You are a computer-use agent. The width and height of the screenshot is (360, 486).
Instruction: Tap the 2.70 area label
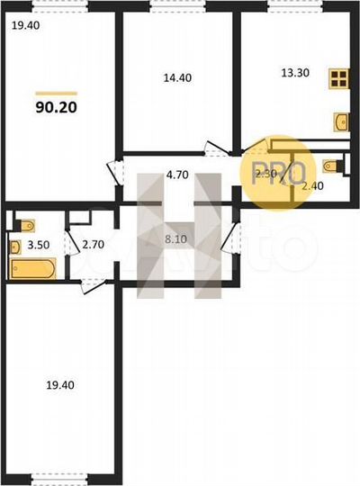coord(94,244)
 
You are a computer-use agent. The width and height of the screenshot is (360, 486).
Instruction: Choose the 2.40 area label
coord(311,186)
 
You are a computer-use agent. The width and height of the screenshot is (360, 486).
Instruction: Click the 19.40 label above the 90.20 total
coord(24,26)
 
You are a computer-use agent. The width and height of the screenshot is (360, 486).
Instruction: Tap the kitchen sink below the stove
coord(340,119)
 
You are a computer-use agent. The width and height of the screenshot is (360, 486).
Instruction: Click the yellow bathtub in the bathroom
coord(32,267)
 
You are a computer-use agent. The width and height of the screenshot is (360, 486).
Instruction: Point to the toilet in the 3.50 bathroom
coord(24,224)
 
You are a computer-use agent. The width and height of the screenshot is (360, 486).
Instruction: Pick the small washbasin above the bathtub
coord(14,244)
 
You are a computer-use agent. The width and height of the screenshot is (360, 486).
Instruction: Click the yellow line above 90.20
coord(56,91)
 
